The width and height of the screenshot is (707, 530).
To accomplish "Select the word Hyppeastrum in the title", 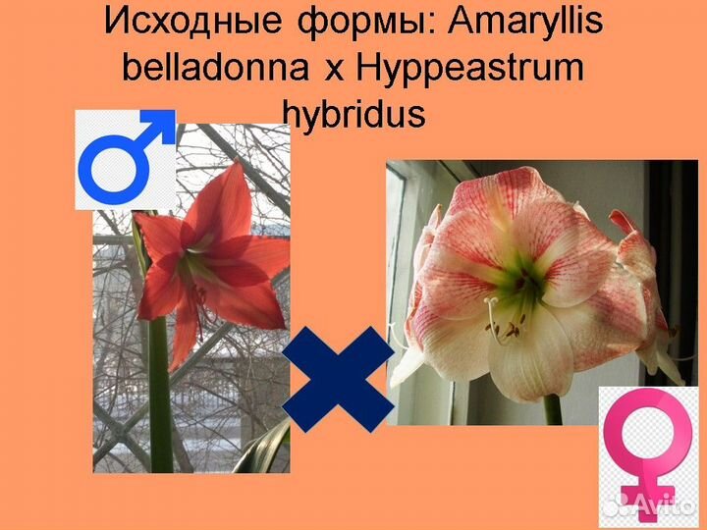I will (x=469, y=68).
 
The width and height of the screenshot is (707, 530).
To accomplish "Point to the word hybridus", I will (x=353, y=114).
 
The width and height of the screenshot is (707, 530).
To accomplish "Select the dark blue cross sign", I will (x=338, y=379).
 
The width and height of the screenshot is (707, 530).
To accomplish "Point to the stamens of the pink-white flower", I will (x=501, y=329).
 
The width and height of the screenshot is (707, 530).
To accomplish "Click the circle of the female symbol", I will (x=647, y=433).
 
